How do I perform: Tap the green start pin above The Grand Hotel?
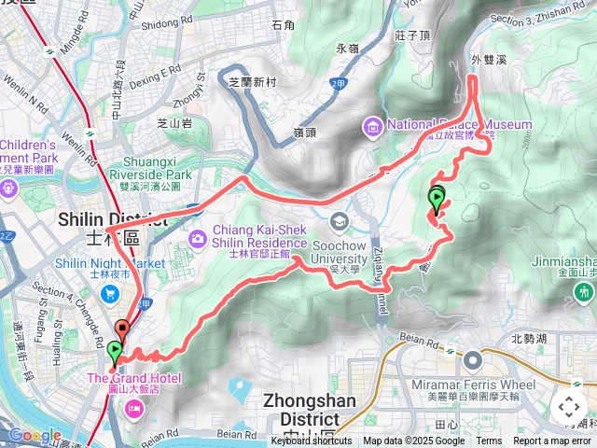(114, 353)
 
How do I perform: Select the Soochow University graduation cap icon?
(339, 221)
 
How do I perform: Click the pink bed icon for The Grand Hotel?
(134, 406)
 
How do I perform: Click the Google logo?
(35, 435)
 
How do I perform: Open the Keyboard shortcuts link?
(312, 441)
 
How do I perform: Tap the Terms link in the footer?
(489, 441)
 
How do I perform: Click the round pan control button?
(568, 407)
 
